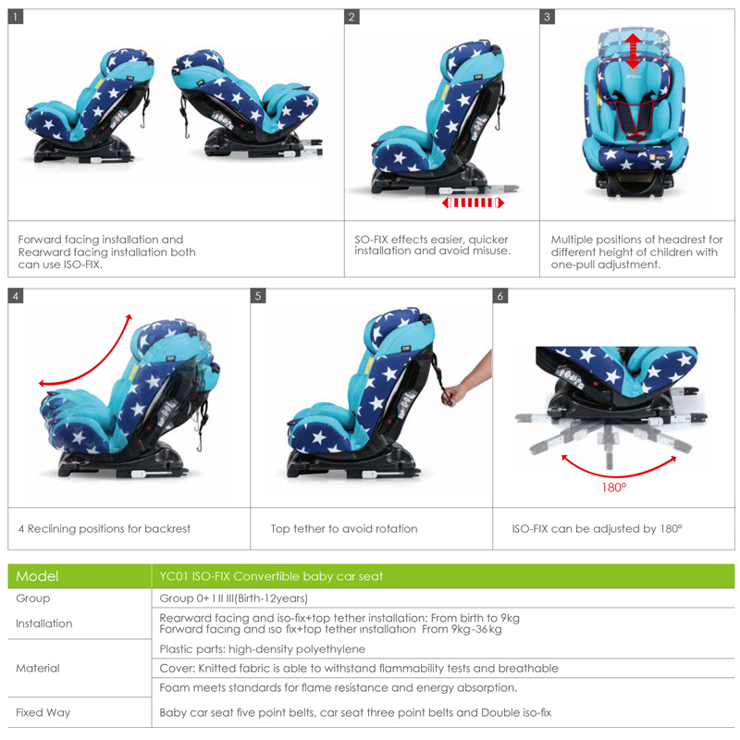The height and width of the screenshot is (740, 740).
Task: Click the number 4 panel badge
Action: (16, 297)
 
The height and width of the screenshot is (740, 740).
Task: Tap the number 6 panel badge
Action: (500, 297)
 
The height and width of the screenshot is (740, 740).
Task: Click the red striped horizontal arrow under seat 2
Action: (472, 202)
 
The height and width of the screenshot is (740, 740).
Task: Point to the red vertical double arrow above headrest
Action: (633, 51)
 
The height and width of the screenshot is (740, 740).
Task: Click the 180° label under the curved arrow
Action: (613, 487)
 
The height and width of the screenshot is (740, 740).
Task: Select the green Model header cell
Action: (79, 576)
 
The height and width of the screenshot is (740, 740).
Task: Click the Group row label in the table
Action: (33, 598)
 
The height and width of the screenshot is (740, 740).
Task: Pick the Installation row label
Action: (43, 623)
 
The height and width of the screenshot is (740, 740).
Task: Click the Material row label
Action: (38, 668)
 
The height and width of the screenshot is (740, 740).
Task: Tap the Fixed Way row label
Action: (43, 712)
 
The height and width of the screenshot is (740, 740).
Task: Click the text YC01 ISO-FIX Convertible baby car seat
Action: (271, 576)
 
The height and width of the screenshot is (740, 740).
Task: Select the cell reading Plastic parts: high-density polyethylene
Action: (262, 649)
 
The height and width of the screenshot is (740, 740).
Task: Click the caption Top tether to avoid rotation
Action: (343, 529)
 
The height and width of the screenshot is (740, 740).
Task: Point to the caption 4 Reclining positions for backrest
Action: (104, 529)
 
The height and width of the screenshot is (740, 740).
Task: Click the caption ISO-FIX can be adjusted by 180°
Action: (597, 529)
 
